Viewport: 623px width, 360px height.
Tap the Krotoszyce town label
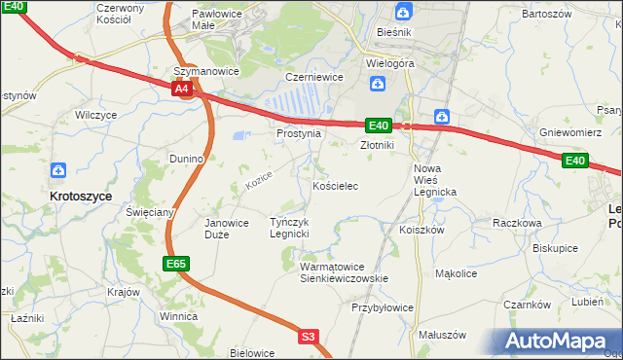[81, 196]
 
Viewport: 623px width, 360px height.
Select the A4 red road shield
[182, 89]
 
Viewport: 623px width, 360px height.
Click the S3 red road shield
[309, 337]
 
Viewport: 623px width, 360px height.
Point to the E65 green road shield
[175, 264]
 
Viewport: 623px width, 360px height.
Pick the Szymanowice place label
[206, 71]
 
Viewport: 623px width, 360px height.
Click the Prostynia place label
[298, 133]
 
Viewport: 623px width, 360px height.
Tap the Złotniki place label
[376, 145]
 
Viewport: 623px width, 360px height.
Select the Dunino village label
[185, 158]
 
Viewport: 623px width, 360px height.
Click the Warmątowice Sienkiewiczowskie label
[344, 271]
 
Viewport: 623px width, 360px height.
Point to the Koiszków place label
[421, 230]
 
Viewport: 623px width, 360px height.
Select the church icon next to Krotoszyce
[58, 170]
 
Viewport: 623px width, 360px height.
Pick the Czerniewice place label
[310, 76]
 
